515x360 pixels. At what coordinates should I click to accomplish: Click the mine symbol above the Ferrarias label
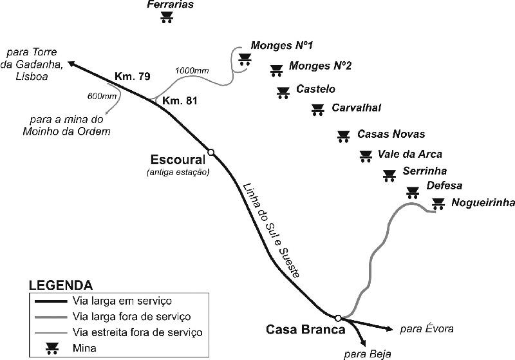[167, 17]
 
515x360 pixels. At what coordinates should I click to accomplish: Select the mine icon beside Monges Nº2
[276, 70]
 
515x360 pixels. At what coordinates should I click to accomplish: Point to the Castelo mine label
[315, 89]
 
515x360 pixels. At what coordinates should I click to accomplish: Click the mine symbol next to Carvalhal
[317, 110]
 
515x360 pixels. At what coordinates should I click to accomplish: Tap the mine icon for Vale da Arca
[366, 156]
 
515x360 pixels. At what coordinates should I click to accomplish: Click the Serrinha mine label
[424, 171]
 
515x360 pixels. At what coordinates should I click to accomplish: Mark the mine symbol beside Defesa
[412, 192]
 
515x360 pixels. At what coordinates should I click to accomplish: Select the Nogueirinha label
[483, 203]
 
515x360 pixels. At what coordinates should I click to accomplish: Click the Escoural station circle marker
[211, 152]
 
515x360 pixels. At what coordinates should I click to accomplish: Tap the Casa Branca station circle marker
[338, 317]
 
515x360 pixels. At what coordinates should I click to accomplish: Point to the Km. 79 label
[132, 77]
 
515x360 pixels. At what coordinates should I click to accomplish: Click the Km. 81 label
[180, 100]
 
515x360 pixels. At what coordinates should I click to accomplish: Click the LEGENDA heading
[60, 285]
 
